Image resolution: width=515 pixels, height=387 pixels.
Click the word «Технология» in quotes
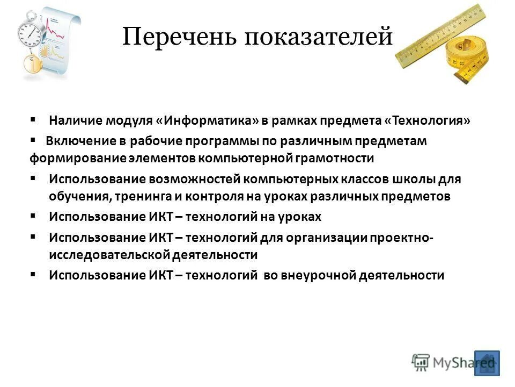(427, 121)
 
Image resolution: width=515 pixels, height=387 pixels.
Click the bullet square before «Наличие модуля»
(33, 119)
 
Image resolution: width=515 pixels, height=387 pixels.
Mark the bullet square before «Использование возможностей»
(33, 177)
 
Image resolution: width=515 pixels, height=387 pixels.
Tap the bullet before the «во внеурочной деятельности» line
(33, 274)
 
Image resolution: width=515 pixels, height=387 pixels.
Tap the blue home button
(487, 363)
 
